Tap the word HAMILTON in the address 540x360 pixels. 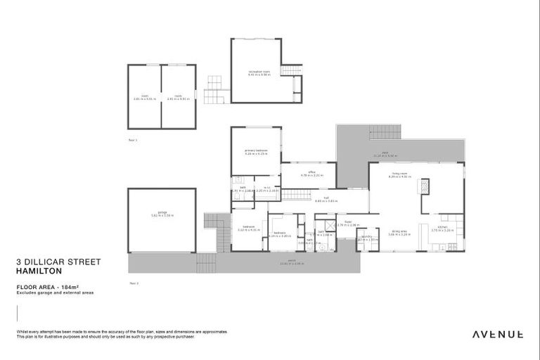click(39, 271)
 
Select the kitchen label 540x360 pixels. click(442, 229)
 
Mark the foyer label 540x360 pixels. click(347, 224)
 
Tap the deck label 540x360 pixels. click(385, 154)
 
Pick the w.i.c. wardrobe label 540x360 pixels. click(266, 189)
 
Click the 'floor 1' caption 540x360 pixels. click(133, 141)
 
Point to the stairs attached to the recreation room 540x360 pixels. click(290, 70)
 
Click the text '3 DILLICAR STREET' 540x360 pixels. click(58, 262)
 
